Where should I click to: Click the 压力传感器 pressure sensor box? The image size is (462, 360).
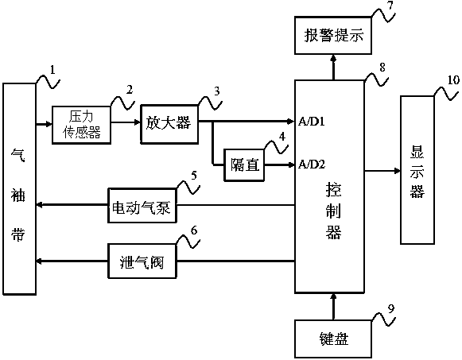click(81, 125)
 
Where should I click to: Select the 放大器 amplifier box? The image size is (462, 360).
click(169, 124)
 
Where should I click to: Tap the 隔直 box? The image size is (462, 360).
click(244, 165)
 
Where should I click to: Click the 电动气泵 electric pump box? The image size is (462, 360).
click(142, 205)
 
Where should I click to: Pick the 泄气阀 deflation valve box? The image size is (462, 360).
click(142, 261)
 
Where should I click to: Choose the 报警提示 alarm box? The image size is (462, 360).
click(333, 36)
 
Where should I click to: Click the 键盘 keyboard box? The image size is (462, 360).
click(333, 339)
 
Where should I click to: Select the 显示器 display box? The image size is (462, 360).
click(417, 170)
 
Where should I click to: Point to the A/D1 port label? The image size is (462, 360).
click(312, 122)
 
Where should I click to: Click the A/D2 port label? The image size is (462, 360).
click(312, 165)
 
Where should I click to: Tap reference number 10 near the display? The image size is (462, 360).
click(453, 79)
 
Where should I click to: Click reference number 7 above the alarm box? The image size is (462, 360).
click(390, 6)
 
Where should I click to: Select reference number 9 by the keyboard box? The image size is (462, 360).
click(390, 309)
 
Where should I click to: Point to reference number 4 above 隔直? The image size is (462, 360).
click(282, 137)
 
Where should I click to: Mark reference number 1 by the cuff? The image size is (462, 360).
click(52, 70)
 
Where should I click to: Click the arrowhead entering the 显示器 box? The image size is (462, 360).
click(398, 171)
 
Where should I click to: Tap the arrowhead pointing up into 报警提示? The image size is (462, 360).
click(333, 58)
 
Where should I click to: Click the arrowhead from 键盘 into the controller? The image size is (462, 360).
click(333, 296)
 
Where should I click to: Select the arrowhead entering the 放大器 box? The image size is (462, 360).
click(137, 122)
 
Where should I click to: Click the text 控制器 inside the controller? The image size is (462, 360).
click(333, 211)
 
